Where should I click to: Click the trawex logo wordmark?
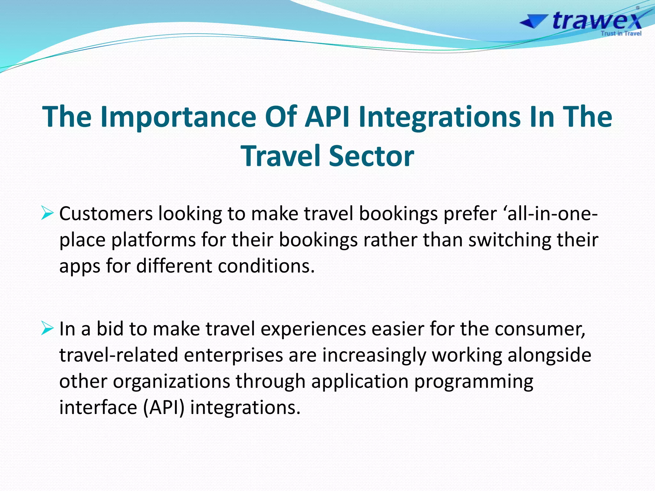point(597,20)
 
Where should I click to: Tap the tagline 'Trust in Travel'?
point(621,34)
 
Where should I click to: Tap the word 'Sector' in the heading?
point(371,156)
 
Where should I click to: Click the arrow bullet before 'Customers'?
point(47,213)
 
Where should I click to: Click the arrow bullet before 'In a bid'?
point(47,329)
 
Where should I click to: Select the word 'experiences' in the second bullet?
point(313,329)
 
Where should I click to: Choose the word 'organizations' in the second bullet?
point(171,381)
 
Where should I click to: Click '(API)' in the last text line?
point(163,408)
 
